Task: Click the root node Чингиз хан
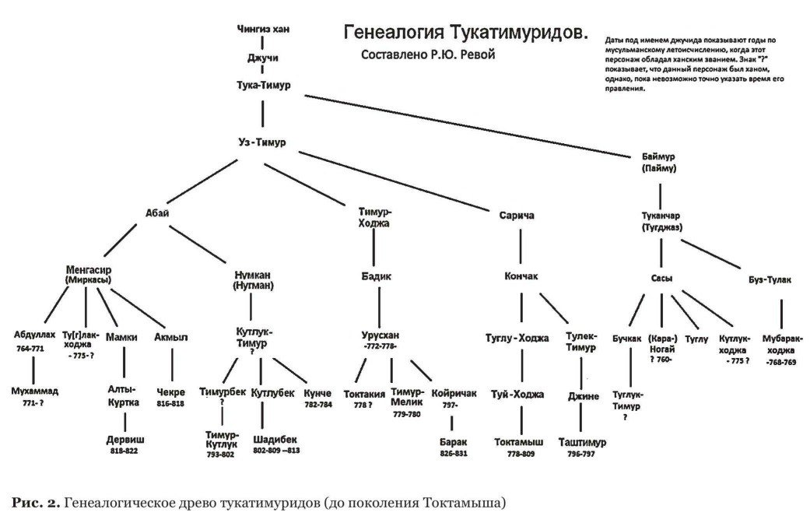pos(262,30)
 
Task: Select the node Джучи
pos(262,58)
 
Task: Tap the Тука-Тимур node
pos(263,85)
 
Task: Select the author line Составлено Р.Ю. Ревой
pos(428,55)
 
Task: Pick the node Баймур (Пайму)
pos(659,162)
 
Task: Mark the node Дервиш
pos(125,439)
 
